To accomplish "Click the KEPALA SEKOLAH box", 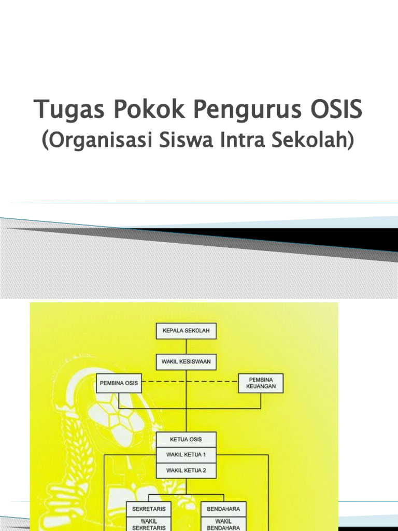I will point(186,331).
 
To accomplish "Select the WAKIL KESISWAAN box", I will point(186,361).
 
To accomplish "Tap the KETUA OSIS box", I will point(186,440).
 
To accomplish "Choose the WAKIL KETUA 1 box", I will point(186,455).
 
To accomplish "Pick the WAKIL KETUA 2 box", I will point(186,471).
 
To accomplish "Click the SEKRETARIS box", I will point(149,509).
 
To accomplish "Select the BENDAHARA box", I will point(223,509).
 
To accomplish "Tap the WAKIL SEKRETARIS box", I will point(149,524).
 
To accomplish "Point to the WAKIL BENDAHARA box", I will point(223,524).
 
